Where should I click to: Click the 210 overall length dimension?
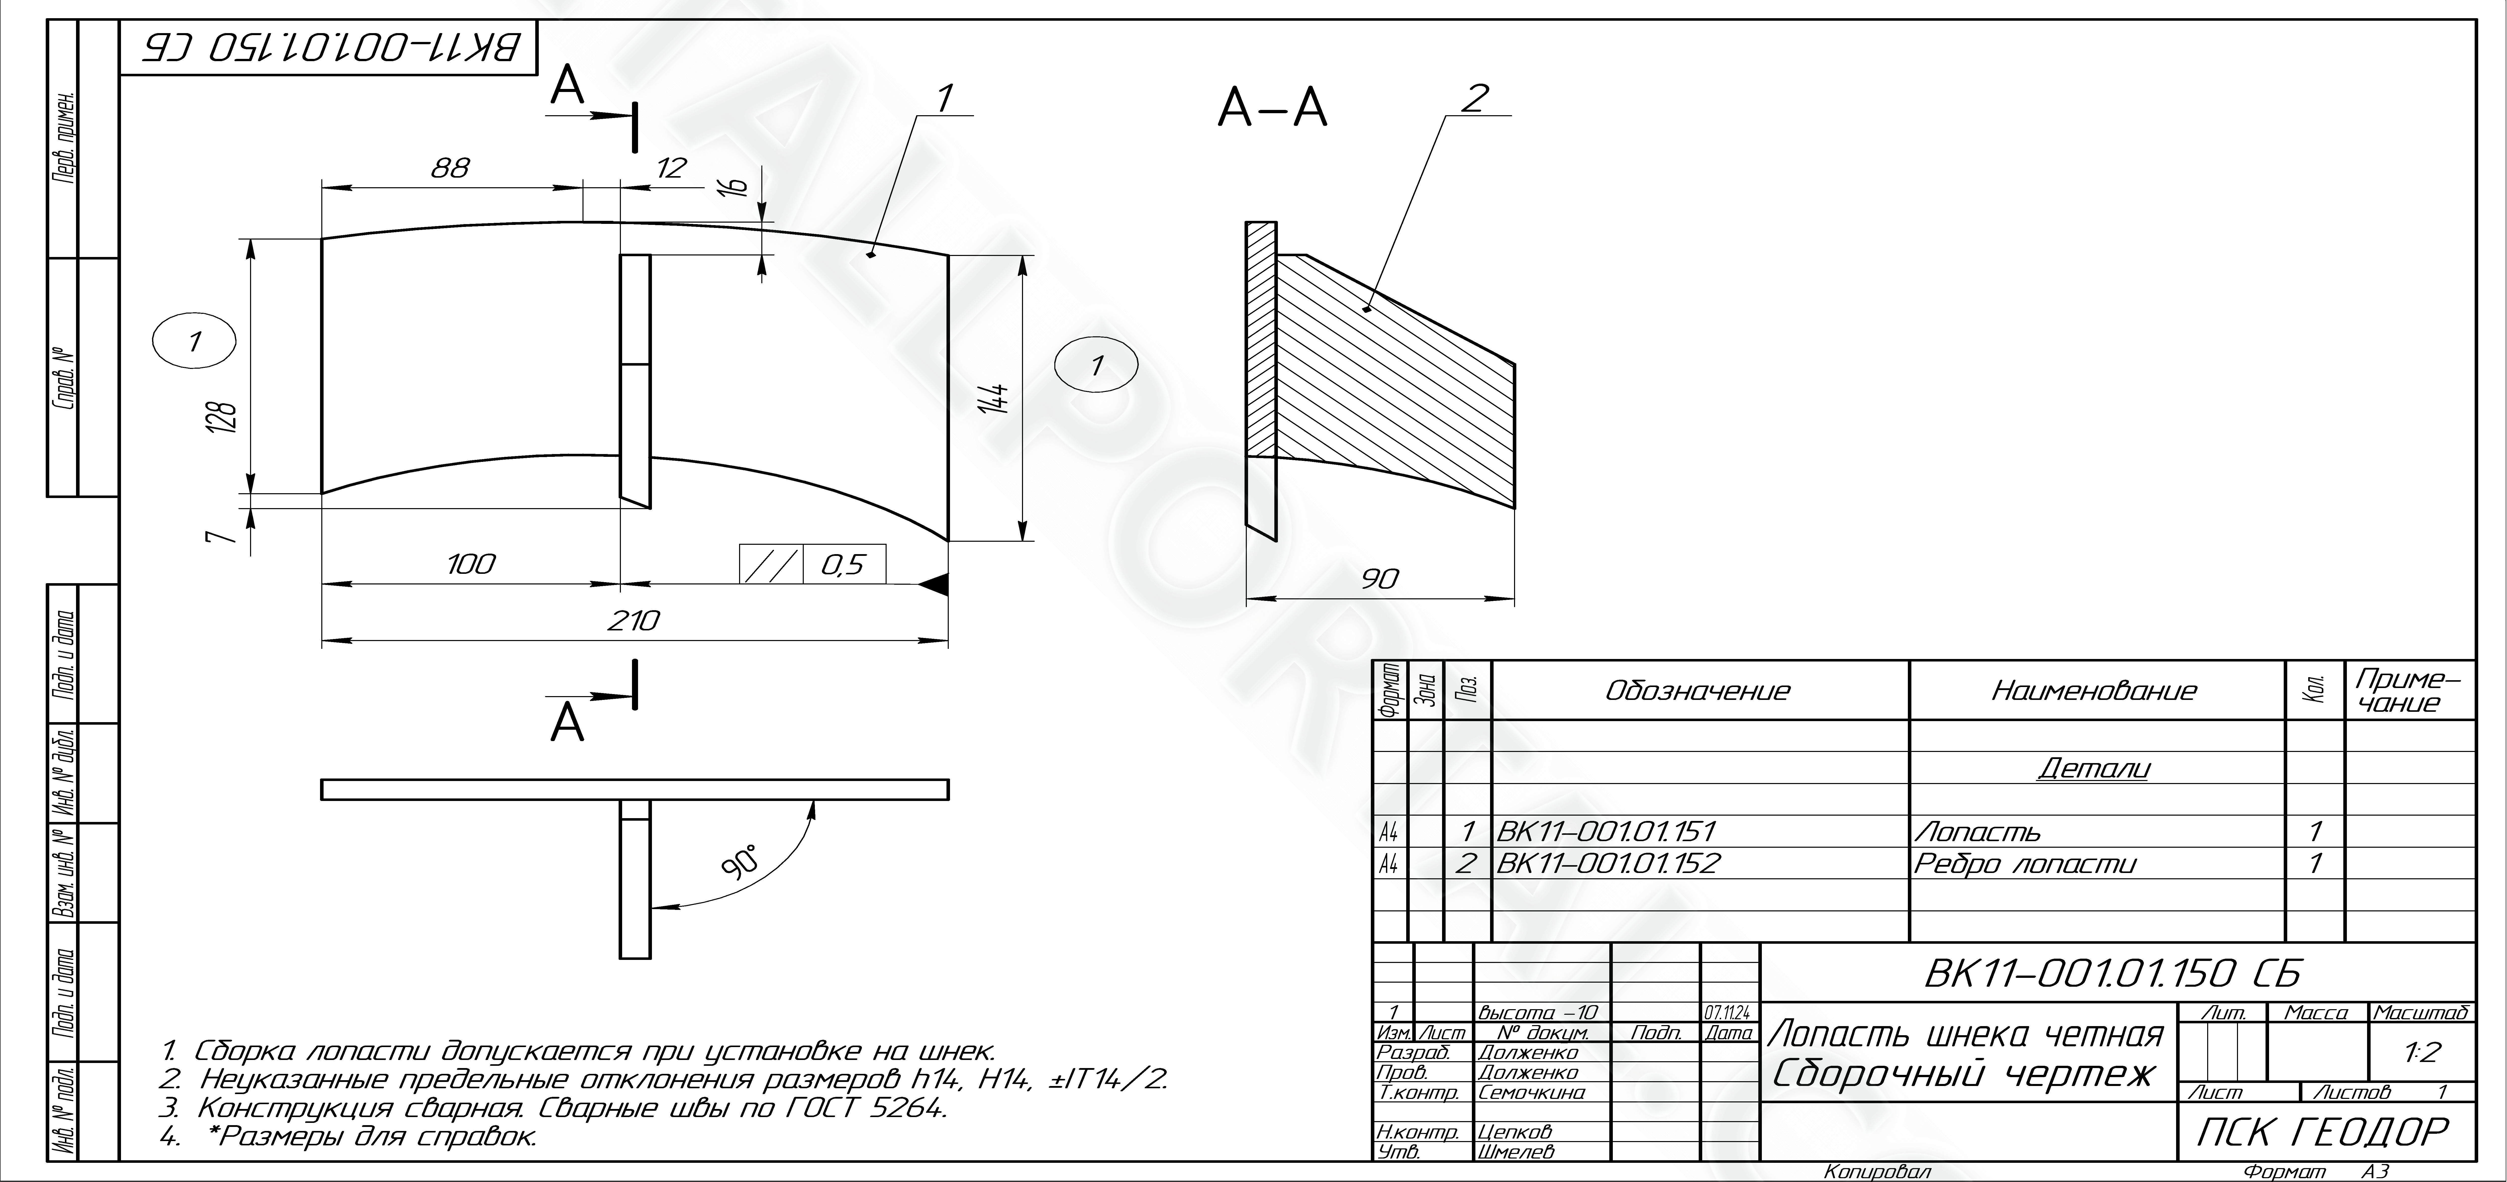tap(634, 620)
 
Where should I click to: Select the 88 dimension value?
tap(451, 169)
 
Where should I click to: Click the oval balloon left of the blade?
tap(195, 342)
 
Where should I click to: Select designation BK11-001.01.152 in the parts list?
tap(1608, 864)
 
